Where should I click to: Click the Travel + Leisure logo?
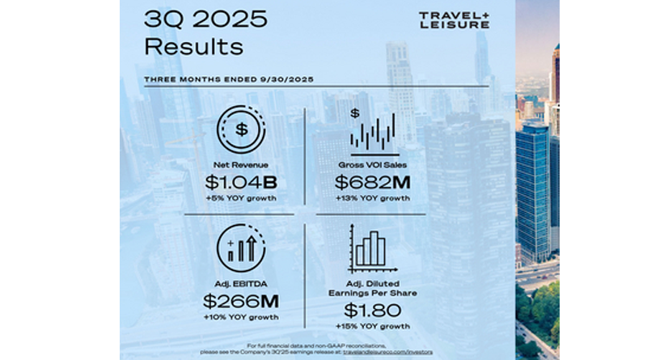tap(454, 19)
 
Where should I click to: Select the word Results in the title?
tap(192, 46)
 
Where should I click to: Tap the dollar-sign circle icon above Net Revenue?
tap(242, 129)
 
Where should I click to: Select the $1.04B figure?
tap(241, 183)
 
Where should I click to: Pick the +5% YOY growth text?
tap(242, 198)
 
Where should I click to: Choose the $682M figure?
tap(373, 183)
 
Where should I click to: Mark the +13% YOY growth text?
tap(373, 198)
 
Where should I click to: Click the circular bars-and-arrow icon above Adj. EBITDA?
tap(242, 248)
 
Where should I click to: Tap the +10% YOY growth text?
tap(241, 318)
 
